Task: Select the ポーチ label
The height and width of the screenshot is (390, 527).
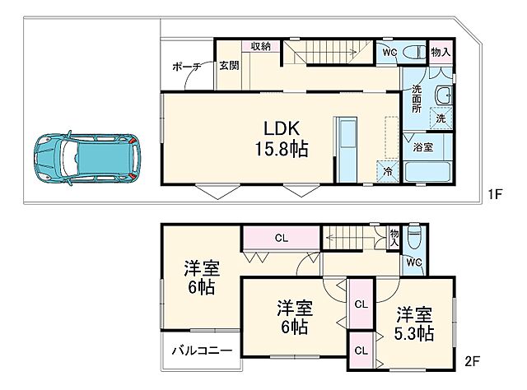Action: coord(185,68)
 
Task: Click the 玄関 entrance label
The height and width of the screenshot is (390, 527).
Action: coord(229,66)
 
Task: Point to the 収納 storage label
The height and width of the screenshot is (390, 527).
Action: coord(261,47)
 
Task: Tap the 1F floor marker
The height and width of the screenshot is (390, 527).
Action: coord(494,195)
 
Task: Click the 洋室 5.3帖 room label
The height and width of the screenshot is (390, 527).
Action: coord(414,323)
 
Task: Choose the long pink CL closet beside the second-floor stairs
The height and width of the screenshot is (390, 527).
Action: coord(281,239)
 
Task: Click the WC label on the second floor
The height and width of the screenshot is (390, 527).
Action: coord(413,262)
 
